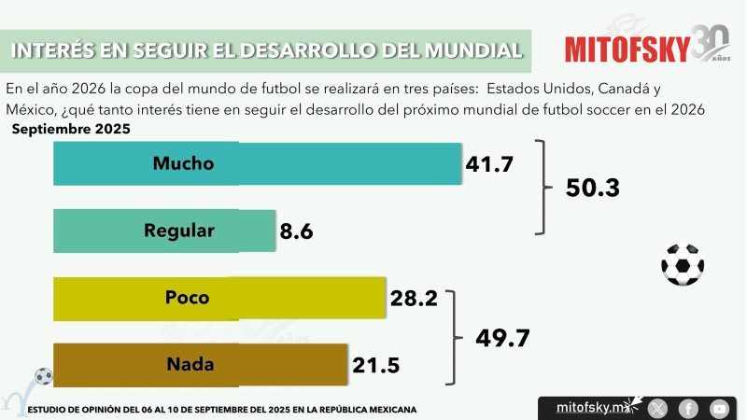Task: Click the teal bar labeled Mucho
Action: point(257,163)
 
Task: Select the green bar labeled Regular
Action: point(164,231)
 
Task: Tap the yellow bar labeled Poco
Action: point(219,299)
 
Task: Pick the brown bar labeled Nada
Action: point(201,364)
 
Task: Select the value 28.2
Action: point(413,299)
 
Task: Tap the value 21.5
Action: point(375,366)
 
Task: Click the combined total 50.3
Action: point(593,188)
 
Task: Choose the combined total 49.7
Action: point(503,337)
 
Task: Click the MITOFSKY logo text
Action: point(627,48)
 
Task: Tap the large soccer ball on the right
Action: point(682,264)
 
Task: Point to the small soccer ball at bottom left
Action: point(44,376)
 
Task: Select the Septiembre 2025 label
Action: point(70,129)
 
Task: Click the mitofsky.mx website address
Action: point(588,408)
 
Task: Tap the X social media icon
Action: point(658,408)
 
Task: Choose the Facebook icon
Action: point(688,408)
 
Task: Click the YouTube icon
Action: point(718,408)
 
